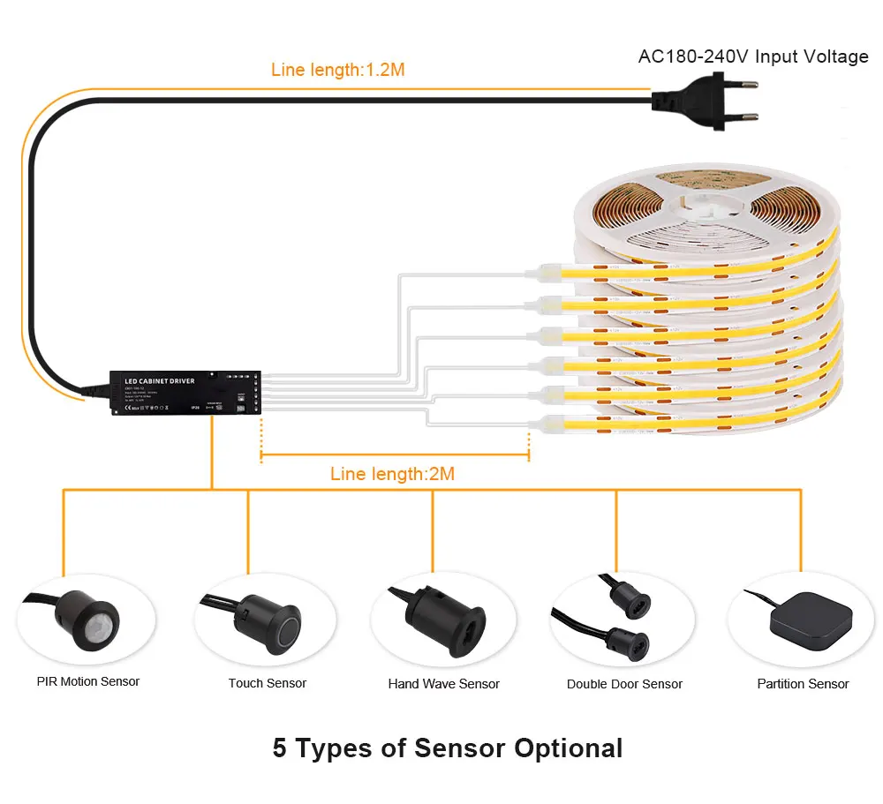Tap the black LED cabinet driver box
point(182,390)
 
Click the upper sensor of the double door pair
point(629,599)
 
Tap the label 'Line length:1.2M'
point(338,70)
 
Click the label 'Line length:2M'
point(392,474)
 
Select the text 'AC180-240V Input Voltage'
point(753,56)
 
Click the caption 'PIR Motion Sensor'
point(88,681)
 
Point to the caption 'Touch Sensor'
point(268,683)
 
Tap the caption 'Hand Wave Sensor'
point(444,684)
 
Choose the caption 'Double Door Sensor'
point(624,684)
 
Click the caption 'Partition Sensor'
point(803,684)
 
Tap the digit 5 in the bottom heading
point(280,748)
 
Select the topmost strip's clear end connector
point(547,270)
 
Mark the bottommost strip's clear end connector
point(547,425)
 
